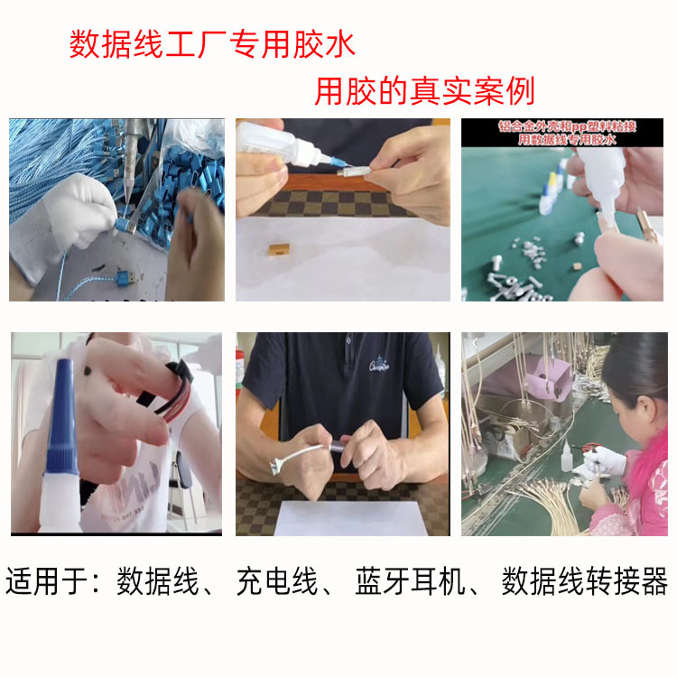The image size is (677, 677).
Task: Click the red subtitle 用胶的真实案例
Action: (424, 91)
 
